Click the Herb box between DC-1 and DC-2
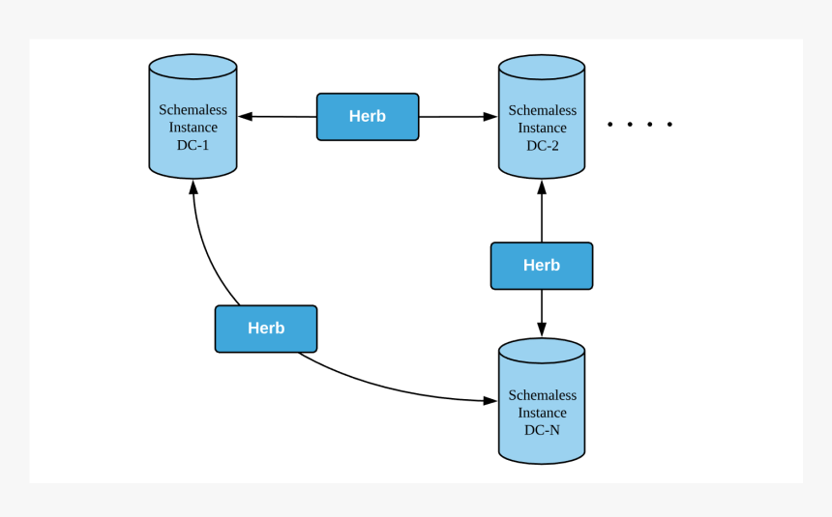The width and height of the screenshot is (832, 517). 368,117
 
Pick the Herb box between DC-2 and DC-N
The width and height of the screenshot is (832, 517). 541,266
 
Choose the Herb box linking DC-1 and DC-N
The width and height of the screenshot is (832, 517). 266,329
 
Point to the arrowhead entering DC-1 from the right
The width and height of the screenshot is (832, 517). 246,117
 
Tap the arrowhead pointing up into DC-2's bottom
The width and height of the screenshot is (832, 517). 541,186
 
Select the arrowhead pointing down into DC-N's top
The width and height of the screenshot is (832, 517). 541,330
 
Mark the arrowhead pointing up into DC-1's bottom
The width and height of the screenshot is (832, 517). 193,186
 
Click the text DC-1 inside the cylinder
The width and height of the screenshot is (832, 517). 193,145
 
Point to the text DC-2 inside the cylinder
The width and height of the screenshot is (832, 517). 542,146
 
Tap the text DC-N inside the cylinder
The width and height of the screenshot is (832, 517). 542,430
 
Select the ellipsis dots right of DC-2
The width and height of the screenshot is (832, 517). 639,125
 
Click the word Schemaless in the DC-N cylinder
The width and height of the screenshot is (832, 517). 542,395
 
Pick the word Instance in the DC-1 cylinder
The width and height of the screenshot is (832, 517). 193,128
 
